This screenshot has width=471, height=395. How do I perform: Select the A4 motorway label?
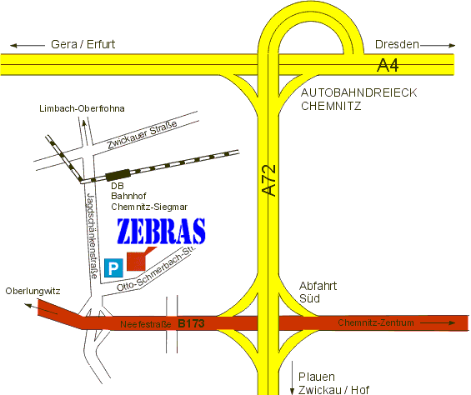point(388,64)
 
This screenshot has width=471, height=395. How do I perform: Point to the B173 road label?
point(191,322)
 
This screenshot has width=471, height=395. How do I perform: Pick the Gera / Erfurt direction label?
point(83,44)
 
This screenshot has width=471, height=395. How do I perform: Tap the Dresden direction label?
point(397,44)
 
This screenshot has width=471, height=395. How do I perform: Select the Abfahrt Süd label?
point(317,291)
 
